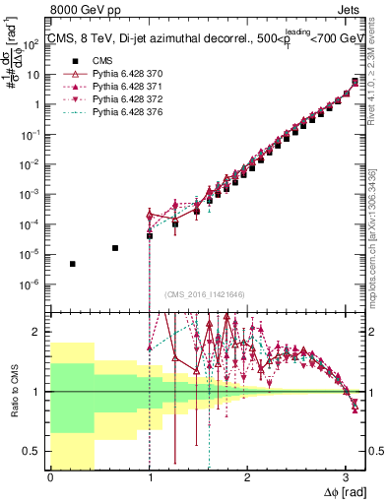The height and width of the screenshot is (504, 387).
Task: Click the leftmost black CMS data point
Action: (x=73, y=264)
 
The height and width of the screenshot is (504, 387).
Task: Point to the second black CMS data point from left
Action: (x=116, y=248)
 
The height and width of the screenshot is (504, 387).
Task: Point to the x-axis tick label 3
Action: (x=345, y=477)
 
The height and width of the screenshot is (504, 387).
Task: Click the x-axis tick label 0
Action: (x=50, y=477)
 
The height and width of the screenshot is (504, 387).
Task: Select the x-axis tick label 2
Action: (x=246, y=477)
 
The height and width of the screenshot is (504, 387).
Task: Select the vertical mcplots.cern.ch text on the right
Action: (x=378, y=226)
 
